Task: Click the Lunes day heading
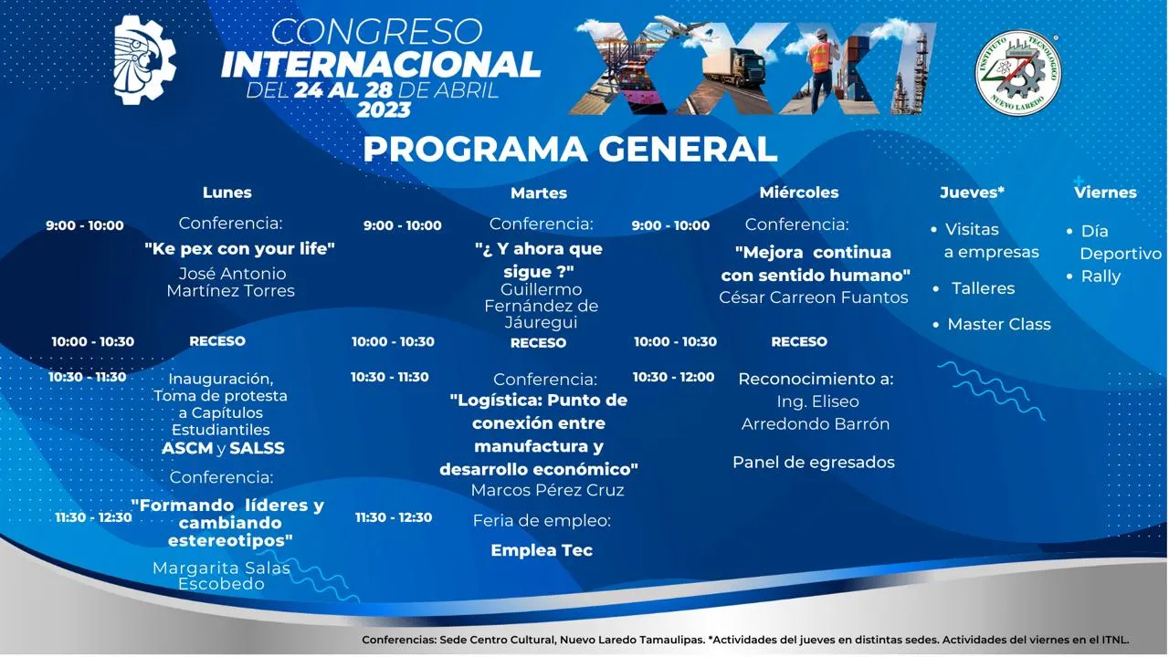click(227, 193)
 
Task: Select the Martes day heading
click(539, 193)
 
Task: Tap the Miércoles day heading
click(799, 193)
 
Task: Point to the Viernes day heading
click(1105, 193)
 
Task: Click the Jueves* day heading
click(973, 193)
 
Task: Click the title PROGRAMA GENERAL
click(570, 149)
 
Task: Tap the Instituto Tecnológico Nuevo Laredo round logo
click(1017, 73)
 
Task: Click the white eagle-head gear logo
click(144, 59)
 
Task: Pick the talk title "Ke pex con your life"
click(239, 249)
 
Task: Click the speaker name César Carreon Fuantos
click(813, 297)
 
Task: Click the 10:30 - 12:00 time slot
click(673, 377)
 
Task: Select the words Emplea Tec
click(542, 550)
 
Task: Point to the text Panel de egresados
click(814, 463)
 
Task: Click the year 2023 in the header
click(384, 110)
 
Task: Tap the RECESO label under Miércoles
click(799, 342)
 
